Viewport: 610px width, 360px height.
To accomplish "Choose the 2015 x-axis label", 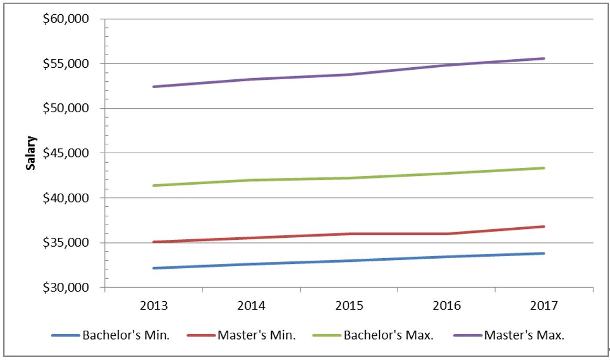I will (x=349, y=305).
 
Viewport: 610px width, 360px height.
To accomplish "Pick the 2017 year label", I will (x=544, y=305).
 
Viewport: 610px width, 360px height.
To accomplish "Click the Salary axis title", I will (x=32, y=153).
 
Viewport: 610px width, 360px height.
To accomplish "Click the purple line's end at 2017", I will (x=544, y=58).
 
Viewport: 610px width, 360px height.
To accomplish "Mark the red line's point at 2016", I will (x=446, y=234).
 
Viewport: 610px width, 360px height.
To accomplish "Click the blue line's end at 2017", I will (x=544, y=253).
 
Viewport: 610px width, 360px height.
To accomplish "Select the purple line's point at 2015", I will (x=349, y=75).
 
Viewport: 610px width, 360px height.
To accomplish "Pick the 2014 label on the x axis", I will (x=251, y=305).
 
